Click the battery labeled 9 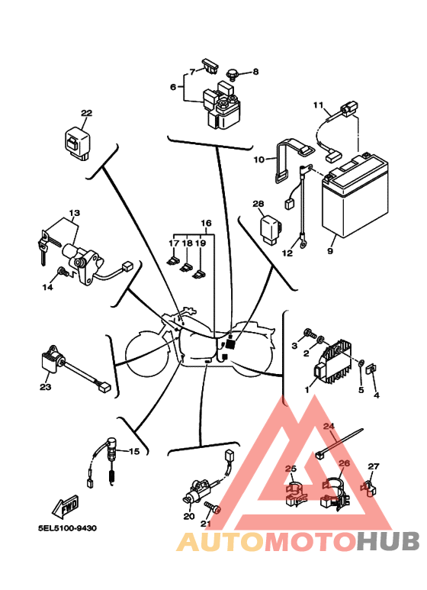(355, 195)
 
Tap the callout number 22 (86, 113)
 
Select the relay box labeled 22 (78, 143)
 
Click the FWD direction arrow (65, 505)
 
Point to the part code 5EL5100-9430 (67, 528)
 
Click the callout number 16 (206, 223)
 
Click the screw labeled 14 (63, 272)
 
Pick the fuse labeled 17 (172, 260)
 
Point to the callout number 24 (329, 427)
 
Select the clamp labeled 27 (369, 487)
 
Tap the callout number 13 (75, 213)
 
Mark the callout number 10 (259, 160)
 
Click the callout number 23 (46, 387)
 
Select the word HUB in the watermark (387, 541)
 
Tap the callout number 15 (134, 451)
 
